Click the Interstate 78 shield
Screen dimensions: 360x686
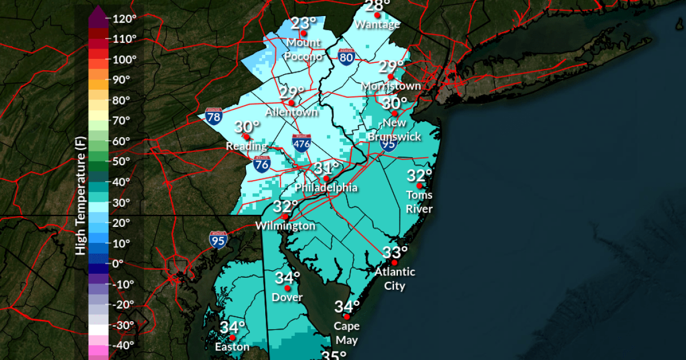click(214, 117)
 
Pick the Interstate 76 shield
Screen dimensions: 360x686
click(262, 165)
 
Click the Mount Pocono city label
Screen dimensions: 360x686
click(303, 49)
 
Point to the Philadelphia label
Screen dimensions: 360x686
click(326, 188)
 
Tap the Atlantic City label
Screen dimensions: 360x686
click(394, 278)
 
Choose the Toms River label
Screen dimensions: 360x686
click(419, 202)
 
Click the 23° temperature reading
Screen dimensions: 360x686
click(303, 23)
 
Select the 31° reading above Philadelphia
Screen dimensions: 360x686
click(326, 169)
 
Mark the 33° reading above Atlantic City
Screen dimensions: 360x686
click(395, 253)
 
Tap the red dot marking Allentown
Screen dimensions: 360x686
click(292, 103)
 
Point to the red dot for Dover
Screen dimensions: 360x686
click(288, 289)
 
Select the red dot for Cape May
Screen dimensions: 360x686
click(346, 317)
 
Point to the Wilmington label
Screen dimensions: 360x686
click(285, 226)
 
